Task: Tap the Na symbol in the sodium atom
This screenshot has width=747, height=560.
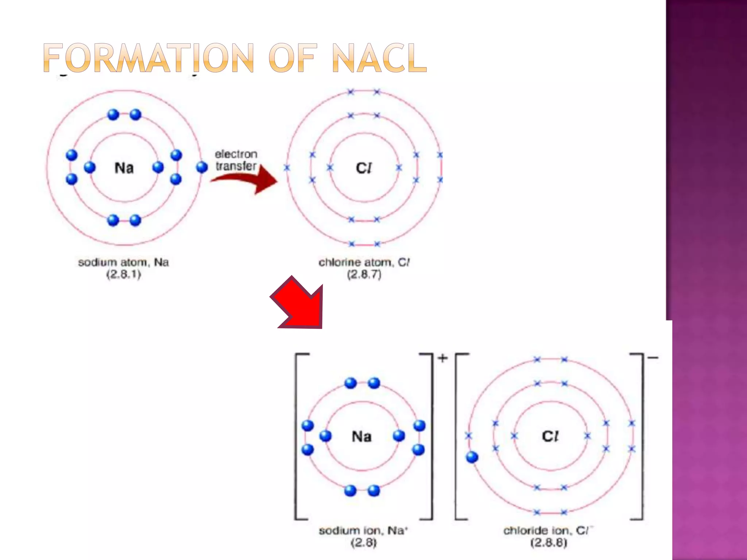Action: tap(124, 168)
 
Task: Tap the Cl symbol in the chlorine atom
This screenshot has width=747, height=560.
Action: tap(364, 168)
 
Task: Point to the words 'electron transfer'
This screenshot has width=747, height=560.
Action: tap(236, 160)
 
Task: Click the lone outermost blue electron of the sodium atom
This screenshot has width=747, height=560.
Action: tap(202, 167)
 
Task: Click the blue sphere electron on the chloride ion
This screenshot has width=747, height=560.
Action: tap(472, 457)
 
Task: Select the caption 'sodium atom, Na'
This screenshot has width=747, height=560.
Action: tap(123, 262)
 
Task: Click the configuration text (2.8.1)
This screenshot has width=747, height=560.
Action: tap(124, 275)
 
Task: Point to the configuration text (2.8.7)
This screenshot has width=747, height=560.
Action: tap(364, 275)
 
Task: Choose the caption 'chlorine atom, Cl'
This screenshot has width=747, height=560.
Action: tap(364, 262)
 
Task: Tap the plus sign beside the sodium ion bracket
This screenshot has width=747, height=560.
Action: tap(442, 358)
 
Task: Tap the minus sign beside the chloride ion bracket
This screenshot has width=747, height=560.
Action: tap(653, 358)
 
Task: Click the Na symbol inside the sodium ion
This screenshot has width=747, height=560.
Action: tap(361, 436)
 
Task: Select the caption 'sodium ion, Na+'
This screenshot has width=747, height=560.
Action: tap(363, 531)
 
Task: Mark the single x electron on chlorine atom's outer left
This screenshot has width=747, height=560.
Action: tap(287, 168)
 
